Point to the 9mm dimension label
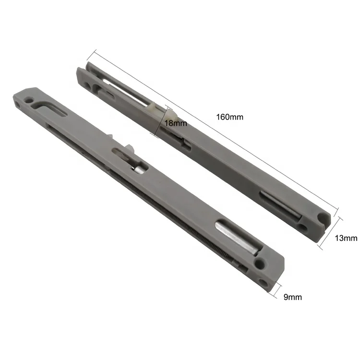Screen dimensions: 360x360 pos(292,297)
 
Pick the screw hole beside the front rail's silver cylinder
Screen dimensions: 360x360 pos(260,264)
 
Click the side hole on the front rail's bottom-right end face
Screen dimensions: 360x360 pos(263,282)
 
